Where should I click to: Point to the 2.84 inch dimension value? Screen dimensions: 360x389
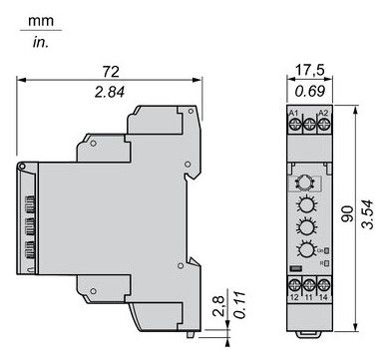[x=113, y=93]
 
